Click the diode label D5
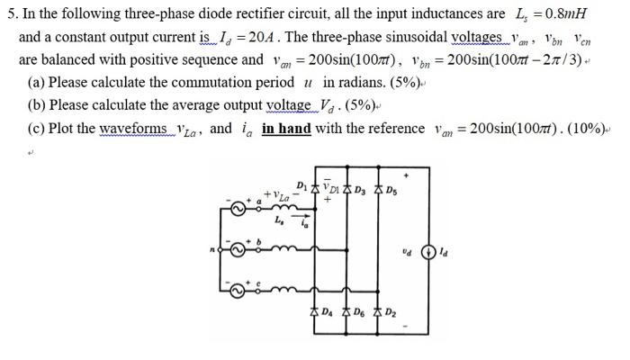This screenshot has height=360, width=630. pyautogui.click(x=390, y=189)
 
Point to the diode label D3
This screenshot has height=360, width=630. pyautogui.click(x=361, y=189)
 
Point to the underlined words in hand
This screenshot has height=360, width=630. pyautogui.click(x=286, y=129)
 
